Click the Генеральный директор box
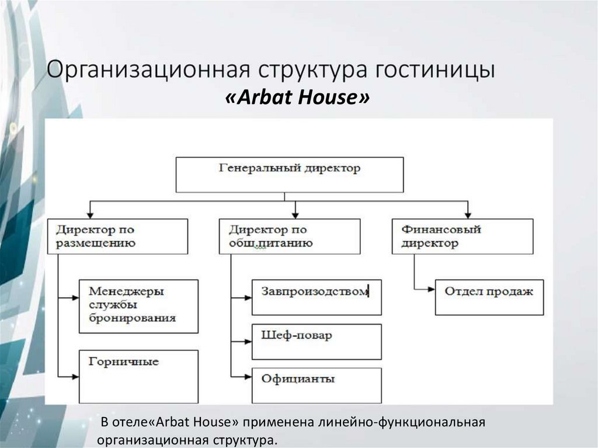click(290, 174)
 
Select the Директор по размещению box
click(122, 236)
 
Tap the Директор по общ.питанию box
click(290, 236)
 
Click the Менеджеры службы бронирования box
click(138, 306)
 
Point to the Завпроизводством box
click(317, 297)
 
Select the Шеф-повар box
click(317, 341)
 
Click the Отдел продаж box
click(489, 297)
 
